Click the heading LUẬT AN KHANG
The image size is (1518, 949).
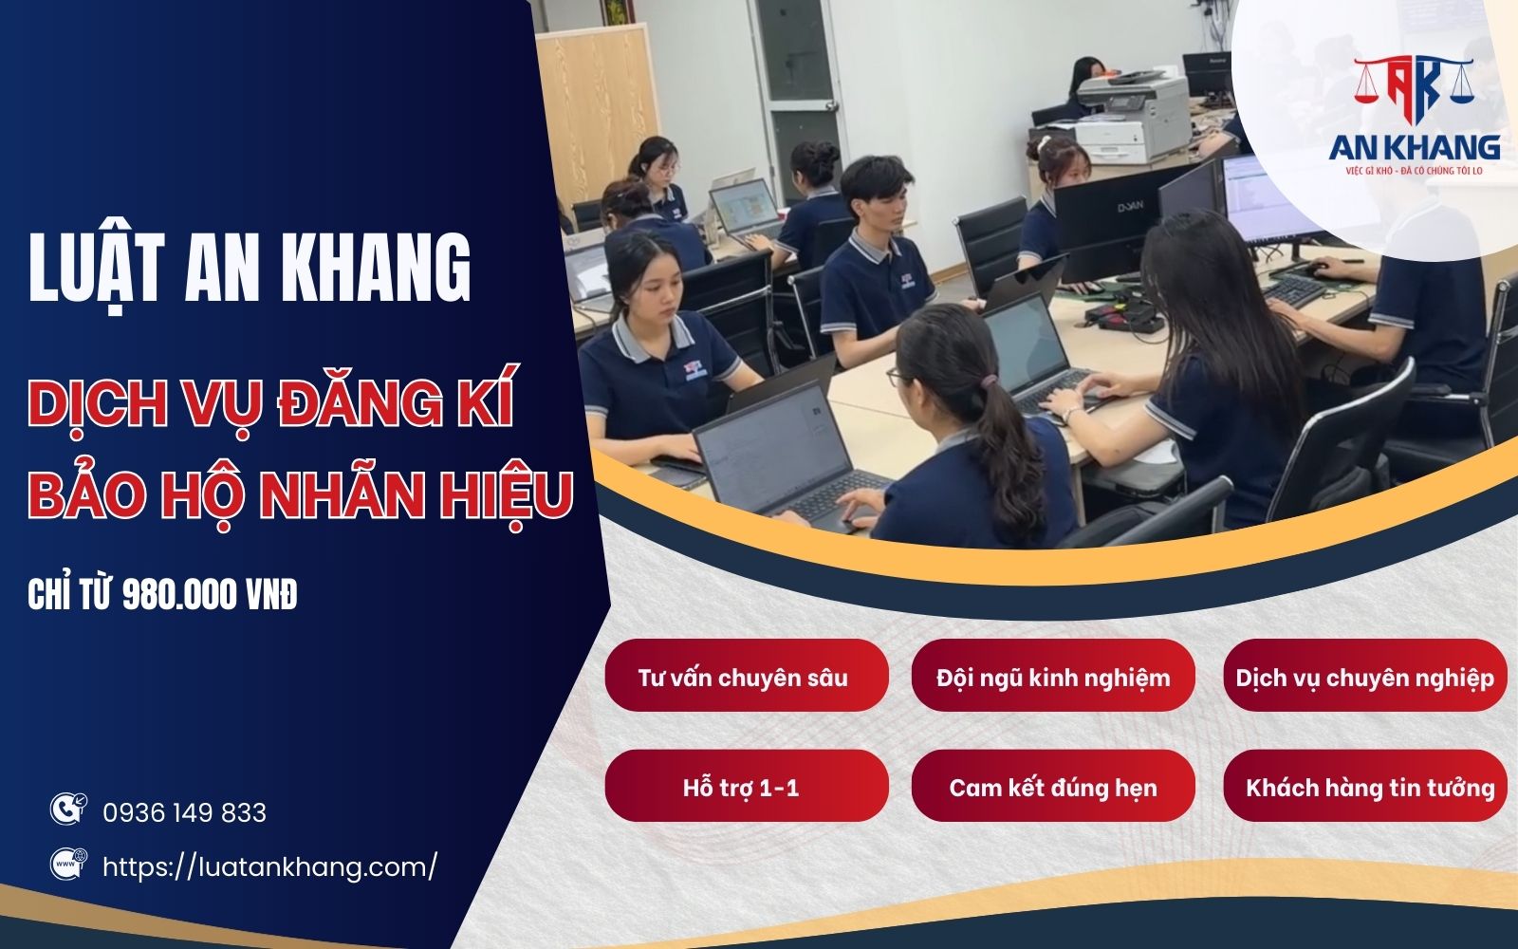coord(250,269)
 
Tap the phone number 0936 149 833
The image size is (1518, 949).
coord(184,813)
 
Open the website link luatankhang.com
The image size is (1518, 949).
coord(269,866)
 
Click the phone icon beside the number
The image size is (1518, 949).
coord(67,809)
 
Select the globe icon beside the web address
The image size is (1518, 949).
coord(67,864)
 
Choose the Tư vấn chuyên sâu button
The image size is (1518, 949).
coord(746,677)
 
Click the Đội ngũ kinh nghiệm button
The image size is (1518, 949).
coord(1052,677)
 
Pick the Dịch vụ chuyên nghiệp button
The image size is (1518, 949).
coord(1364,677)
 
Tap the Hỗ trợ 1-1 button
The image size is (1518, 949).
coord(746,787)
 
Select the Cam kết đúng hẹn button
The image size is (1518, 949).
coord(1052,787)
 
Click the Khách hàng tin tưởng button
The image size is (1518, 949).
coord(1364,787)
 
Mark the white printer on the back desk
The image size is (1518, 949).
coord(1135,117)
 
